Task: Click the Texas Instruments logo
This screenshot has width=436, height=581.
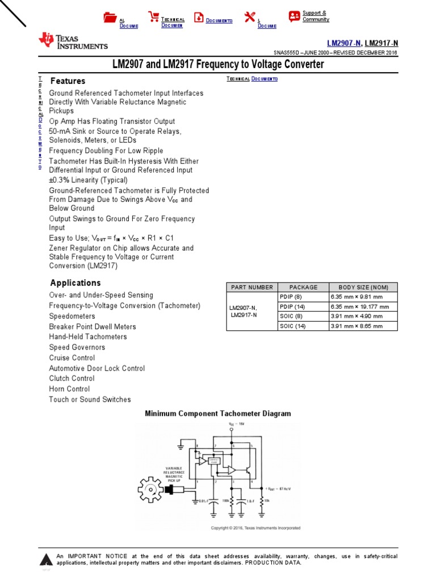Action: (x=73, y=40)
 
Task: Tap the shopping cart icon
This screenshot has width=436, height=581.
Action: (x=153, y=17)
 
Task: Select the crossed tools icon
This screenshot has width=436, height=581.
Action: (x=250, y=17)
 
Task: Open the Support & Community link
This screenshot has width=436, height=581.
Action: (x=315, y=16)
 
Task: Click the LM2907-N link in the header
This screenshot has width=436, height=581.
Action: (x=344, y=43)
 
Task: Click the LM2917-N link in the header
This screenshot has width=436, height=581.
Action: (x=381, y=43)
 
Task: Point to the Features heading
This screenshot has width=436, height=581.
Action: (x=68, y=81)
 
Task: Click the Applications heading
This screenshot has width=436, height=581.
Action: (x=76, y=283)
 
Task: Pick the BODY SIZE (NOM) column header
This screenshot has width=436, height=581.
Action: (x=363, y=287)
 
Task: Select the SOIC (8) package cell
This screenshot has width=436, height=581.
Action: (x=292, y=316)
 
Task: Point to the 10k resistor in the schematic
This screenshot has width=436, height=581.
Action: (x=262, y=502)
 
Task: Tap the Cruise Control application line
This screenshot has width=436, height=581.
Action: (x=72, y=358)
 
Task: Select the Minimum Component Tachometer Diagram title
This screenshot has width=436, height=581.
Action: (x=218, y=414)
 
